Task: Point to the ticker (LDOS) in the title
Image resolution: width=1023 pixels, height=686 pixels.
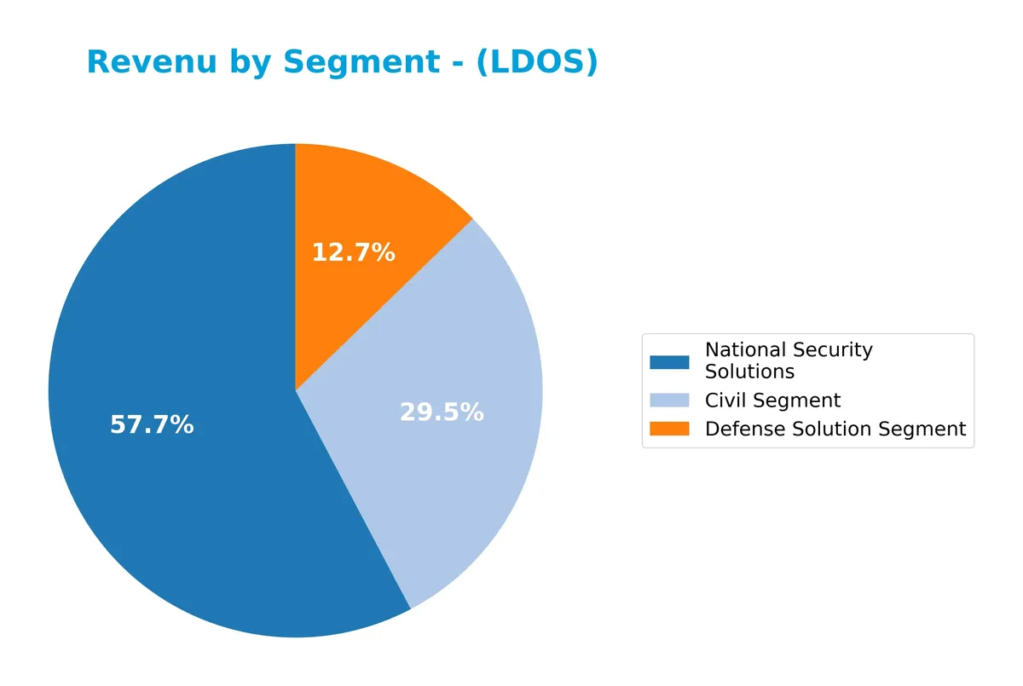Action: [x=536, y=62]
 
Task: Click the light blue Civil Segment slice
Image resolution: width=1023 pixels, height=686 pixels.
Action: [x=460, y=358]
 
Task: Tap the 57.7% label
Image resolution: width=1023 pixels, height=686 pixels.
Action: [x=152, y=424]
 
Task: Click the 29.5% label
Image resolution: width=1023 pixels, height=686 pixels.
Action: [x=442, y=412]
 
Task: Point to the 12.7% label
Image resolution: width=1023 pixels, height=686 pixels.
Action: [x=353, y=252]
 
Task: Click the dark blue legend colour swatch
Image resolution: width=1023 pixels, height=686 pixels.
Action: [x=669, y=361]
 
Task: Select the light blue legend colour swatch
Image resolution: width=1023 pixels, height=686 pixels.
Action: [x=669, y=401]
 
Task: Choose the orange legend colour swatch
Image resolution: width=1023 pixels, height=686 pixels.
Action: [x=669, y=429]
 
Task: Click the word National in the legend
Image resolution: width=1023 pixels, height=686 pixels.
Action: [x=745, y=350]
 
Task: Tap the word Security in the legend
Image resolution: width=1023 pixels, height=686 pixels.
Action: [x=833, y=350]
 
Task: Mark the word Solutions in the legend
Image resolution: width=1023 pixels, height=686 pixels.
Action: [x=749, y=372]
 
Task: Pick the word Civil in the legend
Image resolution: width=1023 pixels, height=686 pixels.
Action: [x=722, y=401]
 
